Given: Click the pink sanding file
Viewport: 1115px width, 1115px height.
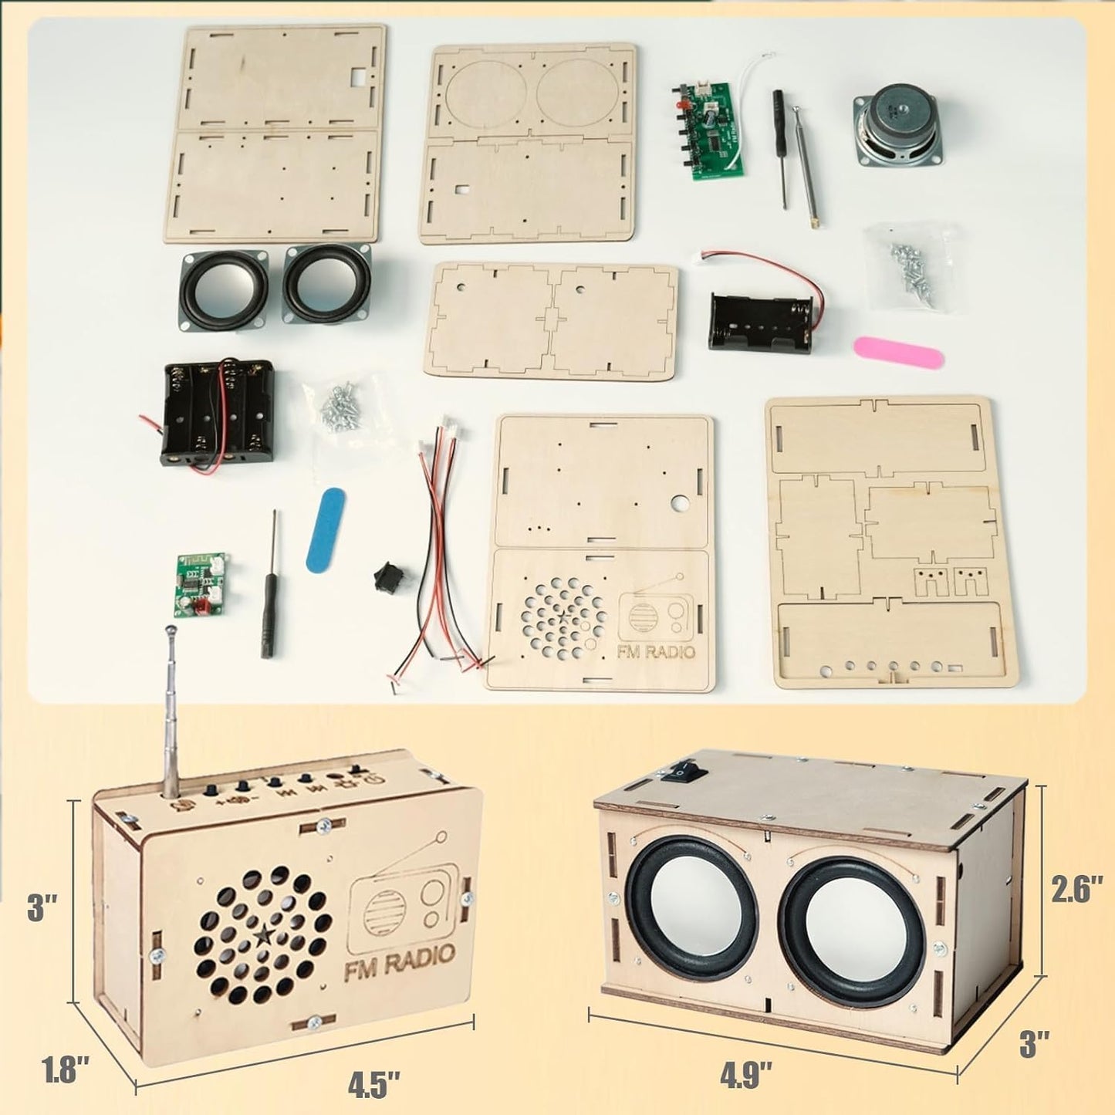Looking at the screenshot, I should (x=898, y=351).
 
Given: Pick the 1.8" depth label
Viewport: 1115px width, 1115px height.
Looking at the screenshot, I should (x=65, y=1070).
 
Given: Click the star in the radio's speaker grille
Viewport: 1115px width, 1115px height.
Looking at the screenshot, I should (x=262, y=937).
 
